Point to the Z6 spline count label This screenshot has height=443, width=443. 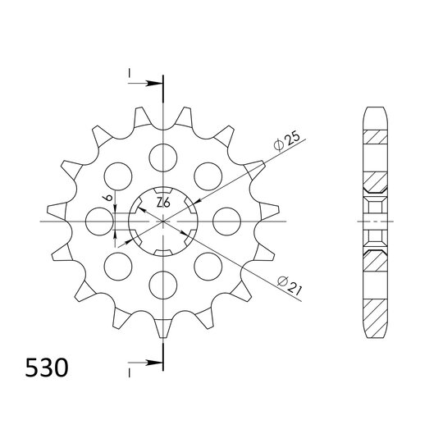click(162, 203)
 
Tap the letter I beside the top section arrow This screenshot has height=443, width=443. click(129, 76)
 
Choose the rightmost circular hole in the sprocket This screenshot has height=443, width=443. click(226, 220)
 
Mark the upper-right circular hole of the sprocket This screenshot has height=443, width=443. click(208, 175)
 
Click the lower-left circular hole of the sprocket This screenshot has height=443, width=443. click(118, 265)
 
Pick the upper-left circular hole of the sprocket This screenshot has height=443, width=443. click(118, 175)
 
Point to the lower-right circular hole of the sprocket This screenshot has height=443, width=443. click(208, 265)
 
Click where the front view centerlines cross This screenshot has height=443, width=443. click(163, 220)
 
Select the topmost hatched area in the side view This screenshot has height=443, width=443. click(373, 137)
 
